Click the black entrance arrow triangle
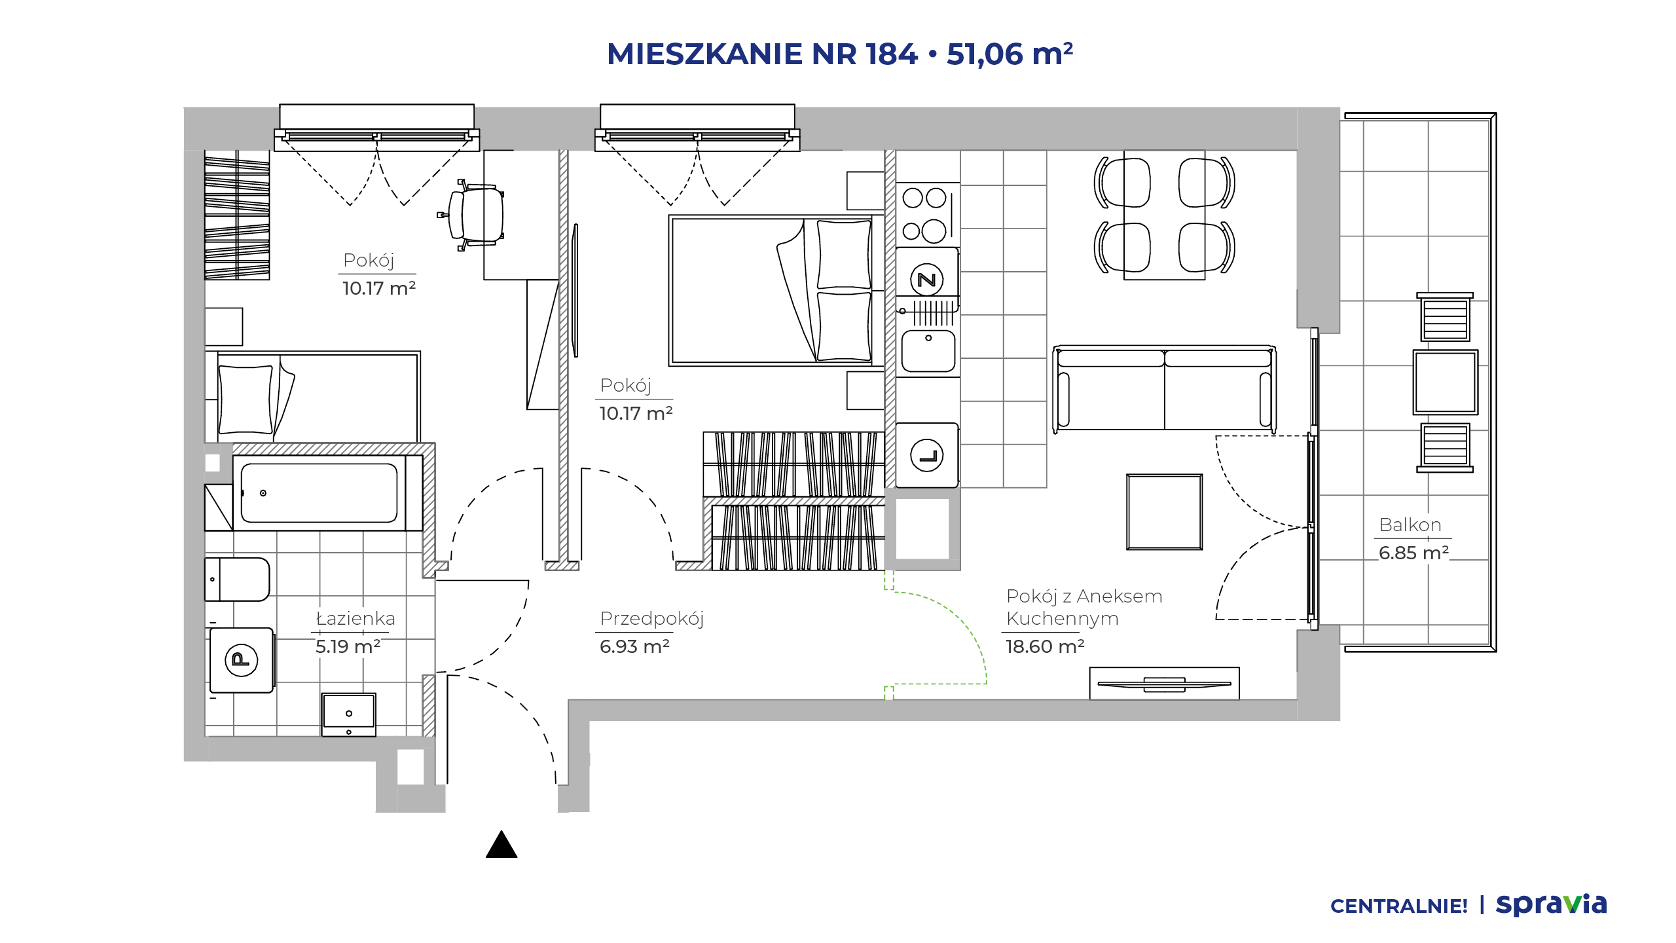[x=501, y=844]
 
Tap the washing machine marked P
[x=242, y=660]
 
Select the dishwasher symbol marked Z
[x=927, y=280]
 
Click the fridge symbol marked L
[x=927, y=455]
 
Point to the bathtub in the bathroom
[x=319, y=493]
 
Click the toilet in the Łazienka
[x=237, y=580]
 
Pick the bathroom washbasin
[x=349, y=714]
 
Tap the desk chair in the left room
[x=473, y=215]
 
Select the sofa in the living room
[x=1164, y=388]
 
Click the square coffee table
[x=1164, y=512]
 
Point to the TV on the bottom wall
[x=1164, y=684]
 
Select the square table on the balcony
[x=1446, y=382]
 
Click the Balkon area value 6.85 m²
[x=1413, y=553]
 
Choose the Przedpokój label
[x=651, y=619]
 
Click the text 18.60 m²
[x=1045, y=647]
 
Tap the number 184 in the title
[x=892, y=54]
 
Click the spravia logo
[x=1551, y=904]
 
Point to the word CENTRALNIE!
[x=1399, y=906]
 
